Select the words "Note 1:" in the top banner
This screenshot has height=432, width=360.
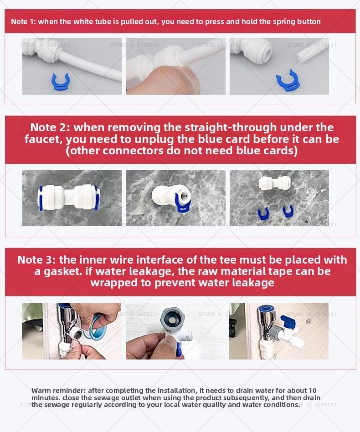(23, 21)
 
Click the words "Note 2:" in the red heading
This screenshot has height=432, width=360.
(50, 127)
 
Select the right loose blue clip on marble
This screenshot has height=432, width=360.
(288, 211)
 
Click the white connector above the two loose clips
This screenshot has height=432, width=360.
(274, 183)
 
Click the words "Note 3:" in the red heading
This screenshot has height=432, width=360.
(37, 260)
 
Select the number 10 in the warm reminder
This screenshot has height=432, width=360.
(313, 391)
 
